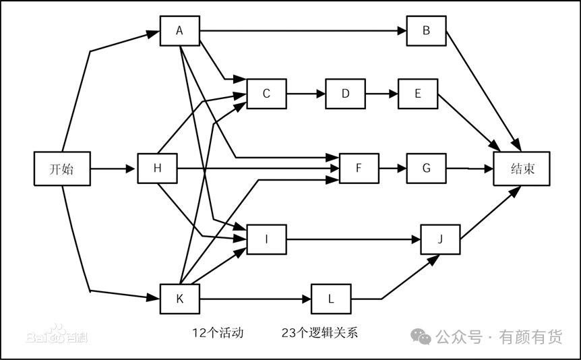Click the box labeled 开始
pos(62,169)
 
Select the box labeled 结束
pos(522,169)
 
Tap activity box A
pos(179,30)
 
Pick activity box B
pos(426,30)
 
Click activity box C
pos(266,94)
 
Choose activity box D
pos(345,94)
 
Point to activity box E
pos(418,94)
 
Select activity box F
pos(359,168)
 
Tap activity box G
pos(426,168)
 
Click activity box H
pos(157,168)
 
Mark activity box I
pos(266,239)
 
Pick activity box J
pos(440,239)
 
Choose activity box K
pos(179,299)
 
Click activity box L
pos(331,299)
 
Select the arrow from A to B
pos(303,30)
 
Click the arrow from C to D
pos(306,94)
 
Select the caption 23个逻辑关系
pos(320,332)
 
